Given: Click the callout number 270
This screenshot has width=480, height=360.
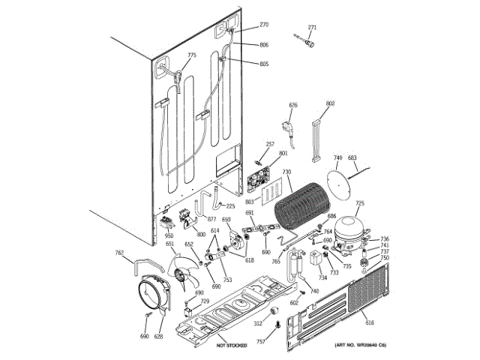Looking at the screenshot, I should pyautogui.click(x=264, y=25).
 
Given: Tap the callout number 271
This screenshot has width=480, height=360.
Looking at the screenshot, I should pyautogui.click(x=313, y=28).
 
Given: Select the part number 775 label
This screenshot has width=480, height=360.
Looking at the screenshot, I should pyautogui.click(x=192, y=55).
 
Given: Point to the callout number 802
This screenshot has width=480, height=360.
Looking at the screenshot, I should pyautogui.click(x=331, y=103).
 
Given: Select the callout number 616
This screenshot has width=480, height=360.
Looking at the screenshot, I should pyautogui.click(x=369, y=322).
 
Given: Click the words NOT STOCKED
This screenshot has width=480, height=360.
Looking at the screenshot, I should pyautogui.click(x=232, y=345).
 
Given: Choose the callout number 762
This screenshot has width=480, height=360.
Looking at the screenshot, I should pyautogui.click(x=119, y=253).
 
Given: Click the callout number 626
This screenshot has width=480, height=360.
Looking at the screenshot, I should pyautogui.click(x=293, y=105).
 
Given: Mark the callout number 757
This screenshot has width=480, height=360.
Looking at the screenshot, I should pyautogui.click(x=261, y=341).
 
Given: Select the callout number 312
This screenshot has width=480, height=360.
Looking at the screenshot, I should pyautogui.click(x=257, y=324).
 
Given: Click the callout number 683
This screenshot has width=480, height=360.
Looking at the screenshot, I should pyautogui.click(x=352, y=158).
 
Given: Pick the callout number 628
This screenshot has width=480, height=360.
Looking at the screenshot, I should pyautogui.click(x=158, y=337).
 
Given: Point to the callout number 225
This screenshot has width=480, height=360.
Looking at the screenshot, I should pyautogui.click(x=230, y=206).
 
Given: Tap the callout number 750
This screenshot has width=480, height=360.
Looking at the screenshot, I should pyautogui.click(x=385, y=258).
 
